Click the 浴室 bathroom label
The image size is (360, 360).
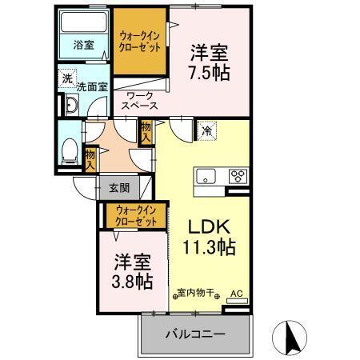84,46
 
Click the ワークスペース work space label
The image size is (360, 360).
140,100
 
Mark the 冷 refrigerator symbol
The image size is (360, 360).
206,130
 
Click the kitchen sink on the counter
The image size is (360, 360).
205,177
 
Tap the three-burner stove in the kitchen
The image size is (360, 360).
238,177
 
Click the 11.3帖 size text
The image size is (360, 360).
210,247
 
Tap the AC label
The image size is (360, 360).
236,293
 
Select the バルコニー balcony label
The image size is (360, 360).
196,334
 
